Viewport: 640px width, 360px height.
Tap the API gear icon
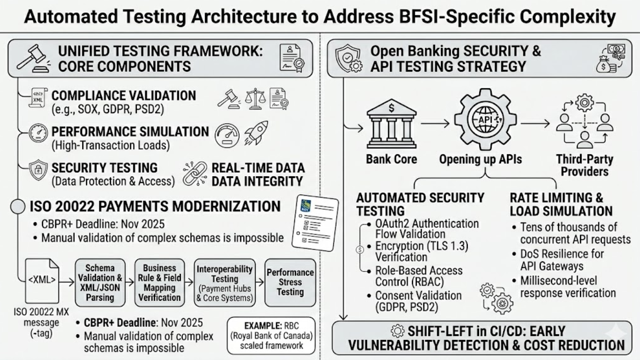485,119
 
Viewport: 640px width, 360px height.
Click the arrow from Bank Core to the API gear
435,124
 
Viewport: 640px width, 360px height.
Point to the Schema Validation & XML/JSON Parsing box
100,283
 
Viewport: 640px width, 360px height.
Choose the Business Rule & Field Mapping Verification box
159,283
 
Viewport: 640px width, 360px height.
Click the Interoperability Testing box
225,283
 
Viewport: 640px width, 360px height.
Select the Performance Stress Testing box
290,283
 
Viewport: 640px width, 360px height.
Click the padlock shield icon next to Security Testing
38,170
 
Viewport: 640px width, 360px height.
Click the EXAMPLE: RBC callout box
271,335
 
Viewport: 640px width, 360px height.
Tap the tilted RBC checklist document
315,223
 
